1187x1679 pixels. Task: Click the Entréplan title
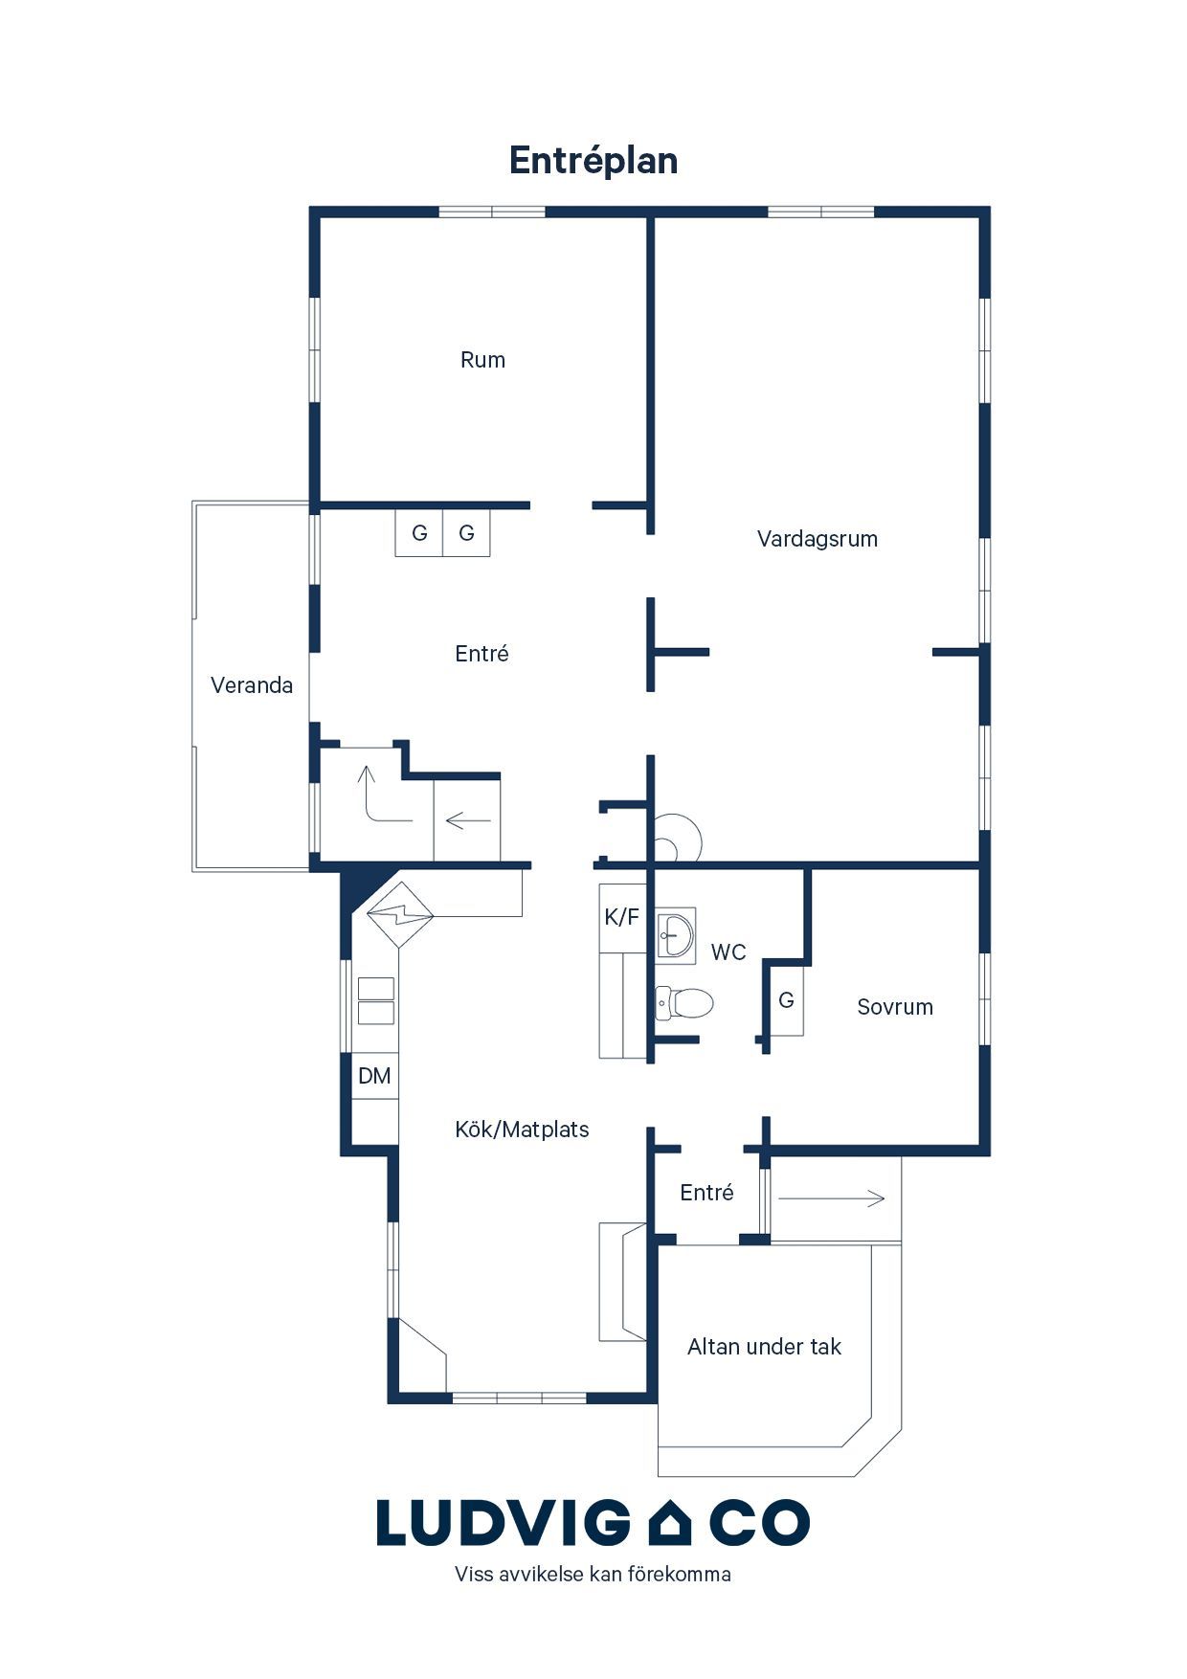tap(593, 161)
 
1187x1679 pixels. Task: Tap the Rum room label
tap(482, 360)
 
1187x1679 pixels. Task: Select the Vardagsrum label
tap(817, 539)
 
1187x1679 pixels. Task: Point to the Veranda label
tap(252, 685)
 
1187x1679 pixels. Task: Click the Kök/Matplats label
tap(522, 1130)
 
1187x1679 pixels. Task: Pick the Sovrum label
tap(895, 1007)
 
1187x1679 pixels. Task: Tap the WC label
tap(728, 952)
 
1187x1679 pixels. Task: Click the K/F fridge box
tap(622, 917)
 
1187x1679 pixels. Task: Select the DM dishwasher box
tap(374, 1076)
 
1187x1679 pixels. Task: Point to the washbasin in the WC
tap(676, 934)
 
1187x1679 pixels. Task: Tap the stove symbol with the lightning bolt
tap(400, 914)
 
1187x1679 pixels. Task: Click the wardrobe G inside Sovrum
tap(787, 1000)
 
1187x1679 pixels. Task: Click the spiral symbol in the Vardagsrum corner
tap(678, 839)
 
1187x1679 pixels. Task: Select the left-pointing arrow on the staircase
tap(468, 820)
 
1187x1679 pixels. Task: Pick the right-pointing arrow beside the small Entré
tap(831, 1198)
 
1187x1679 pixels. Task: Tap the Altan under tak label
tap(764, 1347)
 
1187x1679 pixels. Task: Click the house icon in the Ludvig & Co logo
tap(670, 1523)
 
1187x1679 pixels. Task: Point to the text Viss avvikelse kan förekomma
tap(593, 1574)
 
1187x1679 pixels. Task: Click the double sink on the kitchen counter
tap(376, 1001)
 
